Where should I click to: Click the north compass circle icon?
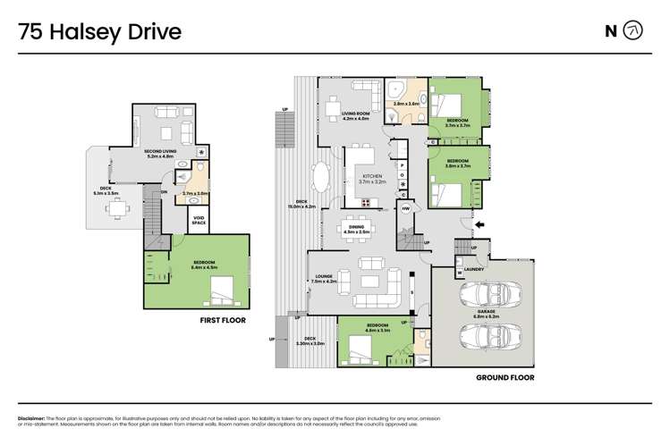click(633, 31)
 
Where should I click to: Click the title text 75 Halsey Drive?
click(100, 33)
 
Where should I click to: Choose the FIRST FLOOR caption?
click(223, 319)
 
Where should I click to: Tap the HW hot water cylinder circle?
click(405, 209)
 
